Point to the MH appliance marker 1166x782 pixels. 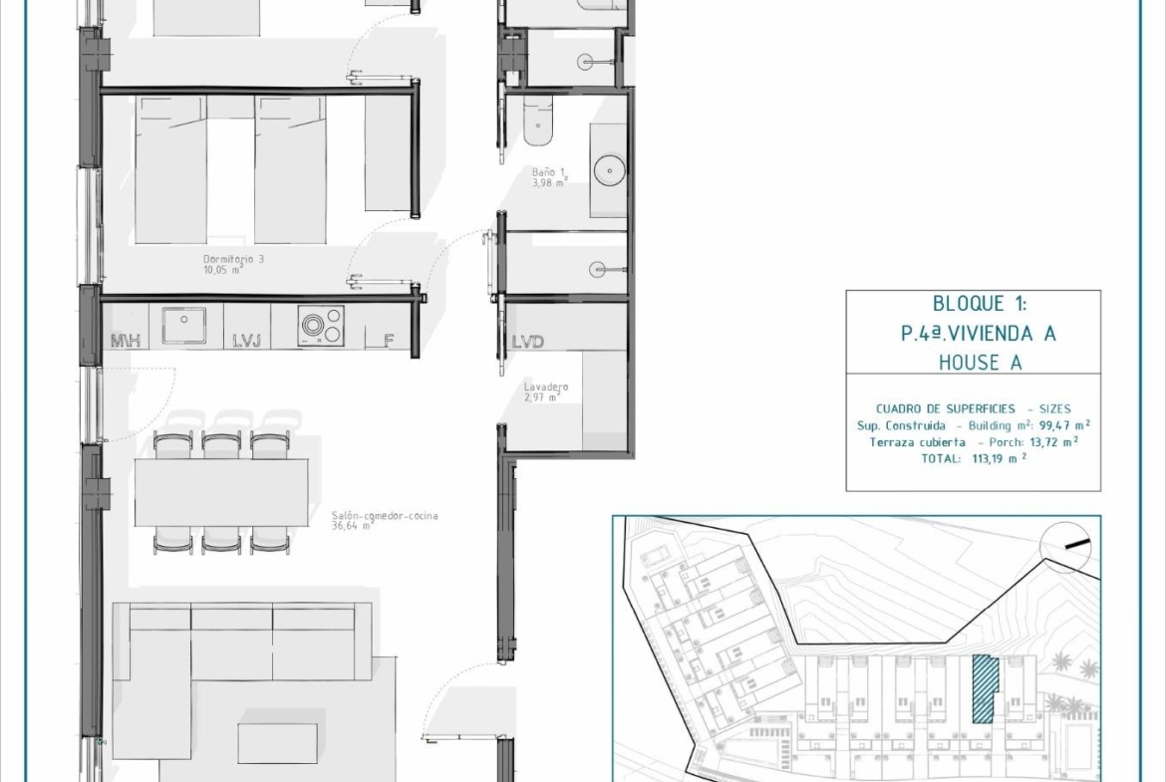coord(126,341)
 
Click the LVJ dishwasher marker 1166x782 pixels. coord(247,341)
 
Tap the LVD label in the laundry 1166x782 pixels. coord(528,342)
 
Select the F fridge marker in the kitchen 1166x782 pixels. coord(389,341)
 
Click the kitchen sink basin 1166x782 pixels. coord(184,325)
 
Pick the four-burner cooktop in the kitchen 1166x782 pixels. coord(321,326)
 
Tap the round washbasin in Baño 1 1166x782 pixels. coord(610,171)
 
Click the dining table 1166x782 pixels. coord(221,492)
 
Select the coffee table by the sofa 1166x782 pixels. coord(278,743)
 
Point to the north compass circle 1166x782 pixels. coord(1065,546)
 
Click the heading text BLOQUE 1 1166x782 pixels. coord(979,303)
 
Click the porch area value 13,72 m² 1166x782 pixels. coord(1053,441)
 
